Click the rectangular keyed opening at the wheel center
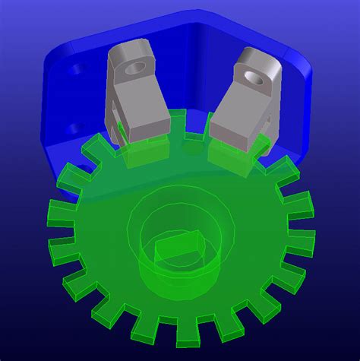point(179,249)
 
